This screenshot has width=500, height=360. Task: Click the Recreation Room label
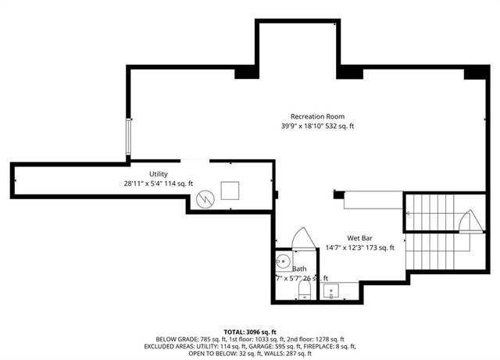[312, 116]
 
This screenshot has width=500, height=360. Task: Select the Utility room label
[159, 174]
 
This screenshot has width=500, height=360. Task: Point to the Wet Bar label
[363, 238]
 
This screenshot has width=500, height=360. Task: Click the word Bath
[299, 269]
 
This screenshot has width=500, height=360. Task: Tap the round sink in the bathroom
[283, 260]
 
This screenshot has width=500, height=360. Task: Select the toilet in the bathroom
[305, 292]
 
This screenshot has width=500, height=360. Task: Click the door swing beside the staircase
[467, 220]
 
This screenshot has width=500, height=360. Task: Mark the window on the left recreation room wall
[130, 137]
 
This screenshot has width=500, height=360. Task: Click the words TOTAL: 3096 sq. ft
[250, 332]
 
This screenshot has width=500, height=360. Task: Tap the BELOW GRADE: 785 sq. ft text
[188, 340]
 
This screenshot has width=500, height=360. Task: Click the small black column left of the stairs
[339, 194]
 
